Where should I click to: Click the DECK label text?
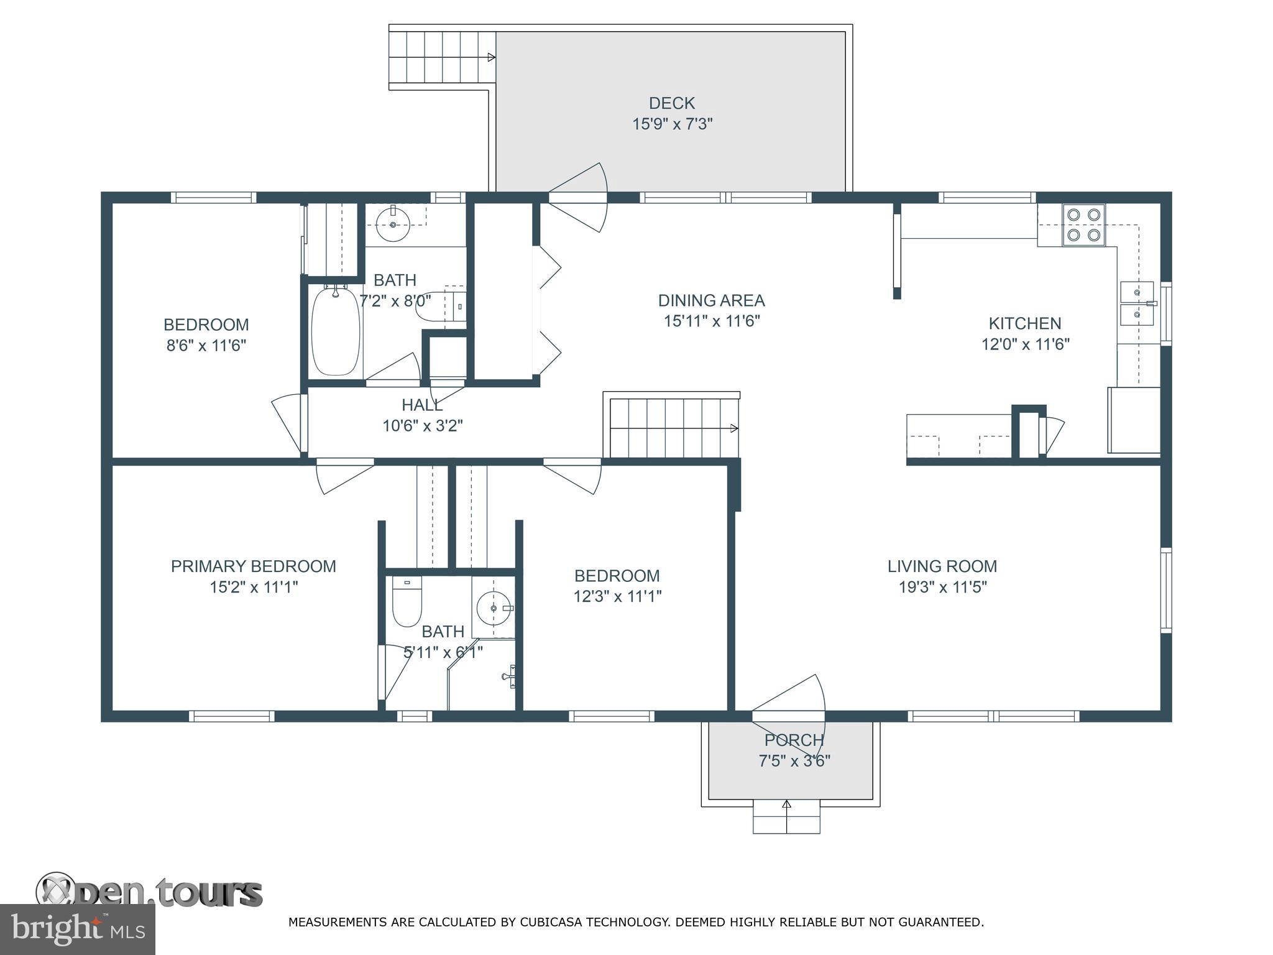coord(671,103)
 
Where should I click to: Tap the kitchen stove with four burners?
coord(1083,225)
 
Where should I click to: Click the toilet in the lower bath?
coord(407,602)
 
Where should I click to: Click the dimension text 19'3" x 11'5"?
coord(942,587)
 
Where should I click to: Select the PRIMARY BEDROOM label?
coord(253,566)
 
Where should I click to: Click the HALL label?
coord(421,405)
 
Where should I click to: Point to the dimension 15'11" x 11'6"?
coord(711,321)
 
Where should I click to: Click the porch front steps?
coord(786,817)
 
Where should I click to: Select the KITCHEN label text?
coord(1024,323)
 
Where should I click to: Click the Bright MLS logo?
coord(77,929)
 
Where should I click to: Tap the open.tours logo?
coord(149,893)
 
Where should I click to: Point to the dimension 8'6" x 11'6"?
coord(206,346)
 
